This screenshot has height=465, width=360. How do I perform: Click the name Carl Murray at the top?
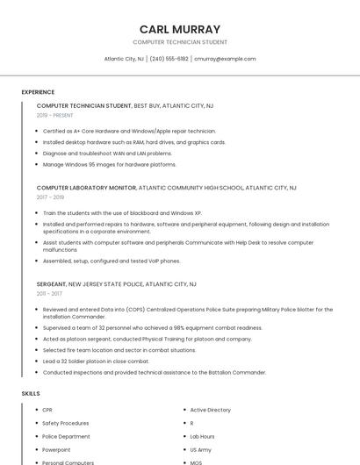(180, 29)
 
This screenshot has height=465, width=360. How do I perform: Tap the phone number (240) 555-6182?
(169, 59)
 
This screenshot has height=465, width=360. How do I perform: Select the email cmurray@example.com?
(225, 59)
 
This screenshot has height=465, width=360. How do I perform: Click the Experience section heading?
(38, 92)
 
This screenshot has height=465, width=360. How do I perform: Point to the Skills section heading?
(31, 394)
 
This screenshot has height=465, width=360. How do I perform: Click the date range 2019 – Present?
(54, 115)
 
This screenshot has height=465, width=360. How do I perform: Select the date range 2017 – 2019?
(50, 197)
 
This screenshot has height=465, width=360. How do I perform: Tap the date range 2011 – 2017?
(49, 294)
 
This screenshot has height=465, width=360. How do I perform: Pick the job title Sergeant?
(52, 284)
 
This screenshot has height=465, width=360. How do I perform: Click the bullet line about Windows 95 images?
(109, 164)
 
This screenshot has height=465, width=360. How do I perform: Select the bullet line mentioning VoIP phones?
(112, 261)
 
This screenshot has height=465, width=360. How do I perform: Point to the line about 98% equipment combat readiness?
(152, 327)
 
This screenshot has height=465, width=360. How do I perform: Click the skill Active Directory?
(211, 410)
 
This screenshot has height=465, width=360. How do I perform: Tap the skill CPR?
(47, 410)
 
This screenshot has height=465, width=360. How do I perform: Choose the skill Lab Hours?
(202, 436)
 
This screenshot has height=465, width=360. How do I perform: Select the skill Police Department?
(66, 436)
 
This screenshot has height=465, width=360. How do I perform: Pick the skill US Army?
(201, 449)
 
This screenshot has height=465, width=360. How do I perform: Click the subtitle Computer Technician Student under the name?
(180, 42)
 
